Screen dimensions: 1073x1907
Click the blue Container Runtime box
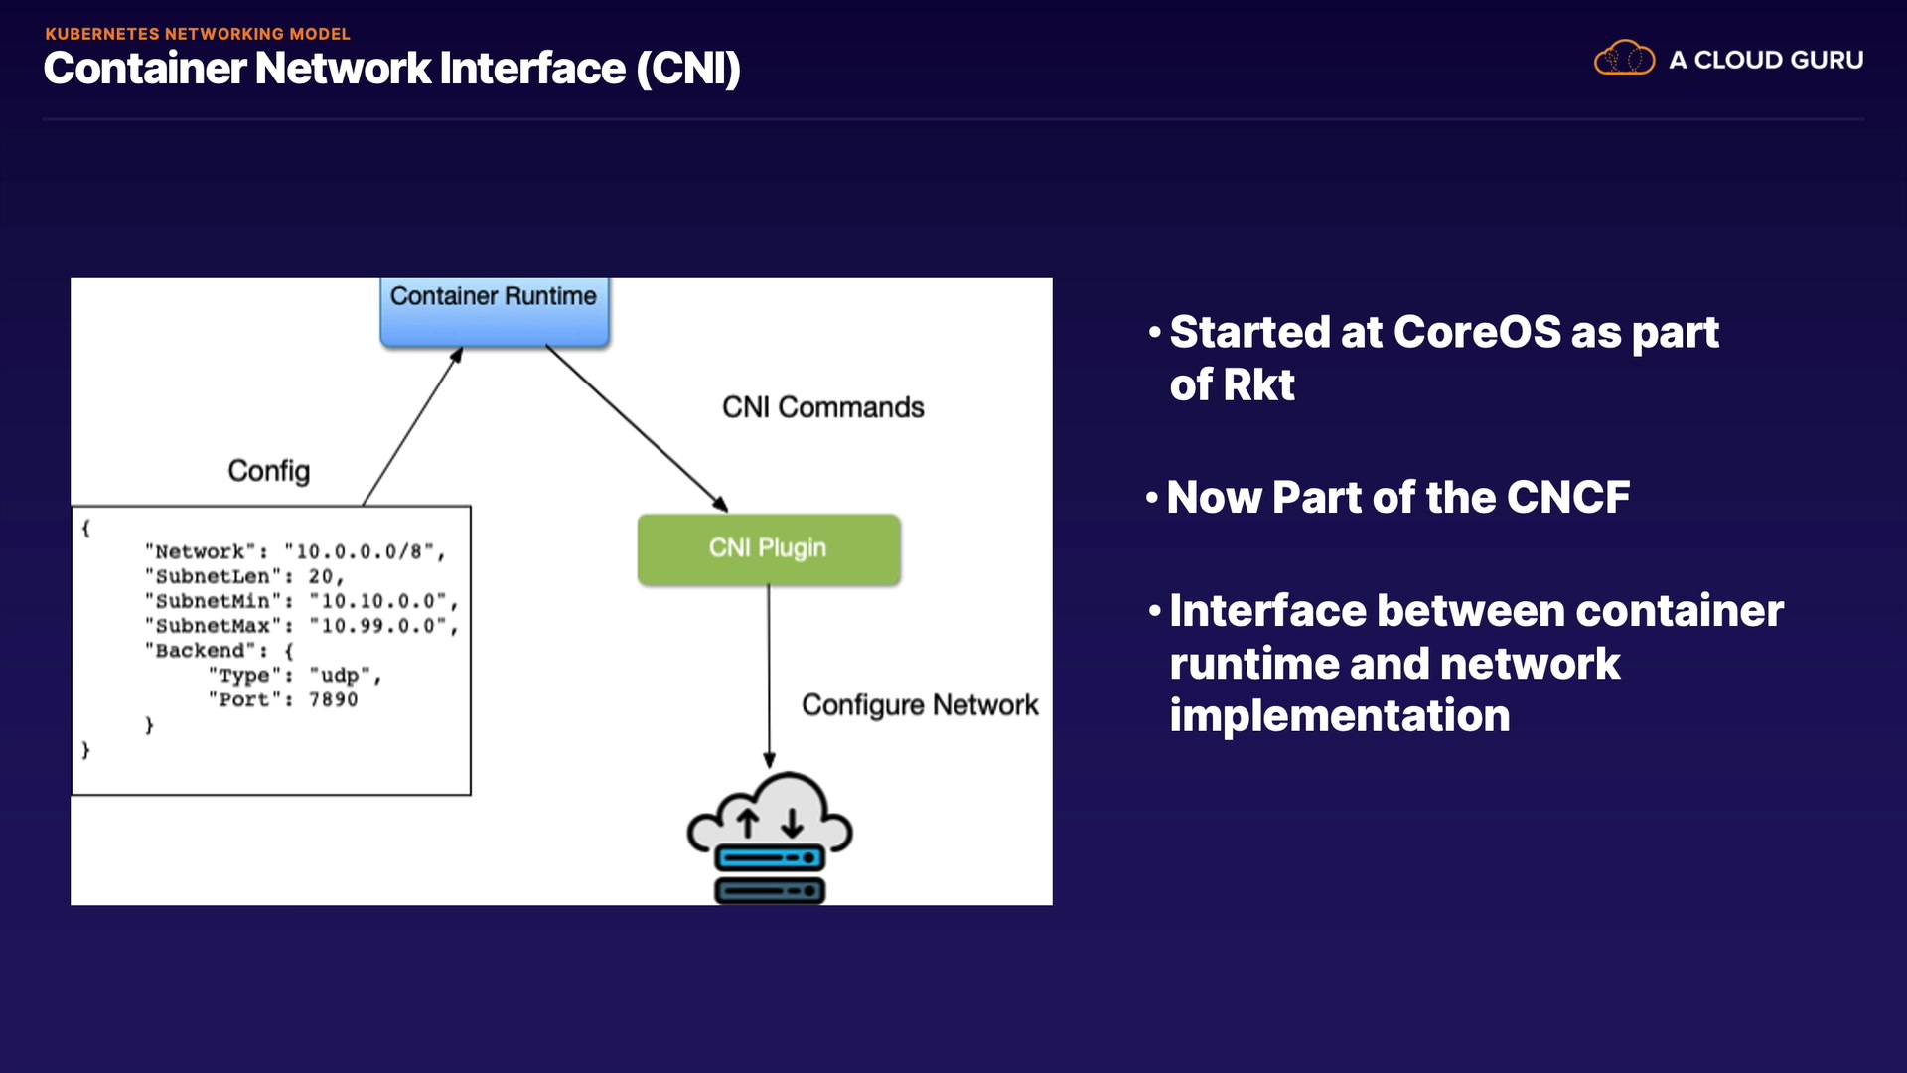[x=494, y=311]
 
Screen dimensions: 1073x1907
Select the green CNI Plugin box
[x=768, y=548]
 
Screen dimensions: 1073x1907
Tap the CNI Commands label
[x=822, y=407]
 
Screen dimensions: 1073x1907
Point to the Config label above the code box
[x=268, y=471]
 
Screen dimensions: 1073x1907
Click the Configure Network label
[x=919, y=705]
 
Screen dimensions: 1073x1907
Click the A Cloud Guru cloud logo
[x=1624, y=59]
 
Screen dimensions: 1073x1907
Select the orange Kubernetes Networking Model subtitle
[x=198, y=34]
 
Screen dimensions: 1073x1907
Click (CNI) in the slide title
[x=688, y=69]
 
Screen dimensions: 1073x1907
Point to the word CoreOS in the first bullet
[x=1477, y=332]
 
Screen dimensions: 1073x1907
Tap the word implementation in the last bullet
[x=1339, y=716]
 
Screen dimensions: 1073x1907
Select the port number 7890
[x=333, y=700]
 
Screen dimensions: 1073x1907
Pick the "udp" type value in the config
[x=341, y=676]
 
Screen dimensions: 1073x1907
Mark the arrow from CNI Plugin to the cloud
[x=769, y=676]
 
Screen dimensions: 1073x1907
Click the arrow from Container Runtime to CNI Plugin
[x=636, y=428]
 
